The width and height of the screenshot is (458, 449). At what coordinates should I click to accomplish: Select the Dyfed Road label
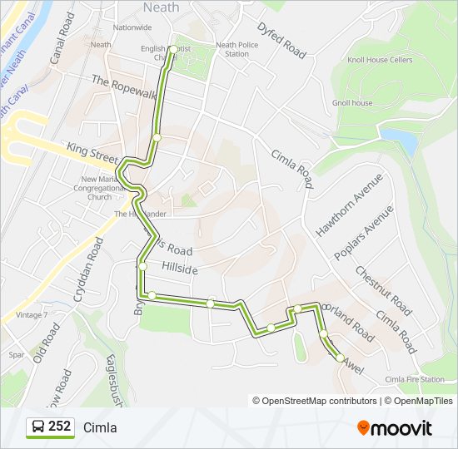(281, 40)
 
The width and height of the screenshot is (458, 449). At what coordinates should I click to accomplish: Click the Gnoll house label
(352, 103)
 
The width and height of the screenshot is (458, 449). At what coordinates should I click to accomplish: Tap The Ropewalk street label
(125, 86)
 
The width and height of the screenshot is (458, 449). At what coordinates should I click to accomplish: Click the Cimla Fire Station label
(415, 379)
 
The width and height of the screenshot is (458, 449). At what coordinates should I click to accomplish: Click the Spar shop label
(17, 354)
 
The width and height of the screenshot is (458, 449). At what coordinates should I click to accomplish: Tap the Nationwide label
(132, 27)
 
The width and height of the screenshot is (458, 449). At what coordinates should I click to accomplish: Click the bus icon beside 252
(37, 427)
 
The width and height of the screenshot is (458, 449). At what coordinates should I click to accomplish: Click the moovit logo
(395, 428)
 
